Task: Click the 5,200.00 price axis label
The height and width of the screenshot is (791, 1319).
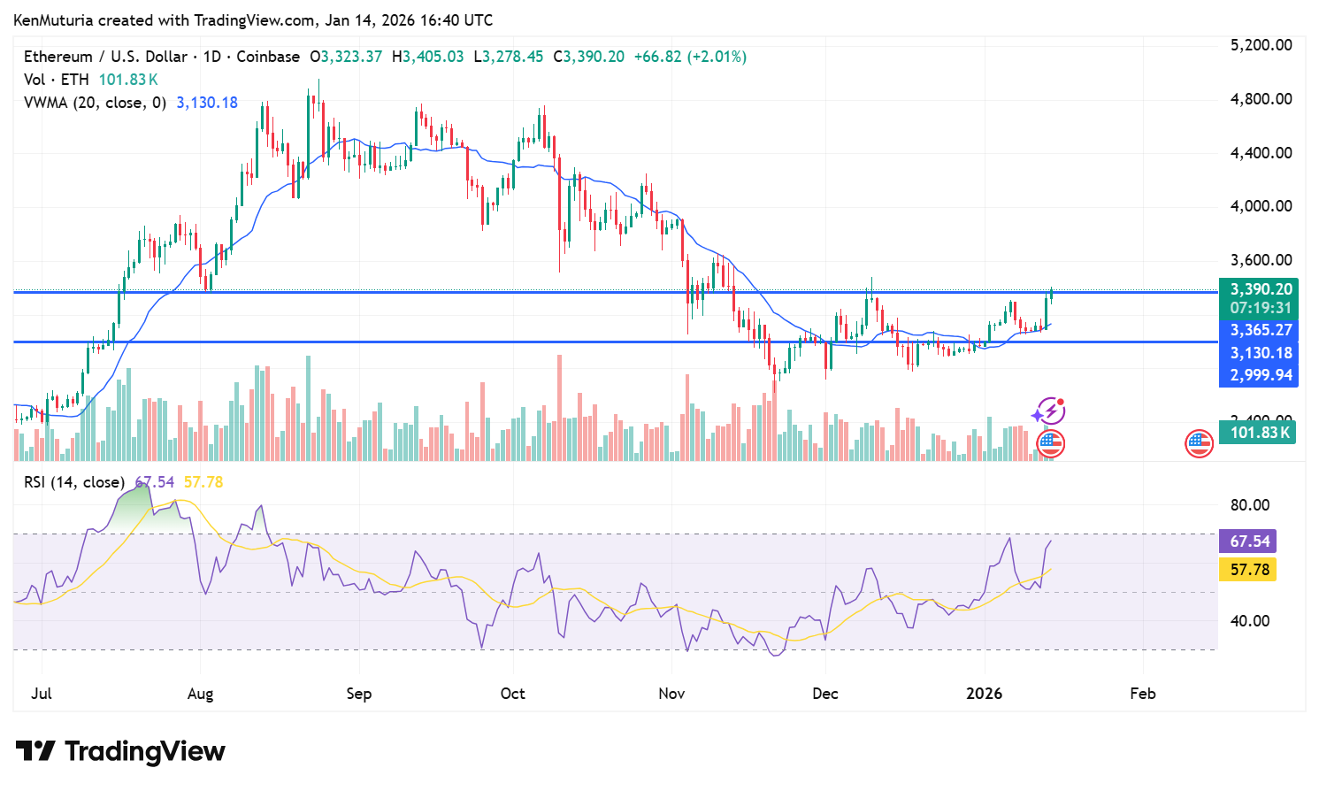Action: point(1261,45)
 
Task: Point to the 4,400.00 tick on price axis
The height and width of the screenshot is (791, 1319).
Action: point(1261,152)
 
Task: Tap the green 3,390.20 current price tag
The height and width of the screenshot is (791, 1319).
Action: point(1261,289)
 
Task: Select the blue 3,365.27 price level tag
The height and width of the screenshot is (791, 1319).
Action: point(1261,330)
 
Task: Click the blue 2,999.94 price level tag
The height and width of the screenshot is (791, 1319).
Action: point(1261,375)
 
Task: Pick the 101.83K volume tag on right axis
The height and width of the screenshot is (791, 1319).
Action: point(1260,433)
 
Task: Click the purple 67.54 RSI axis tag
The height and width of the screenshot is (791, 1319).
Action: point(1249,541)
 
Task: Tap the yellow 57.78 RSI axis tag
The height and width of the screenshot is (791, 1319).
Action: point(1249,570)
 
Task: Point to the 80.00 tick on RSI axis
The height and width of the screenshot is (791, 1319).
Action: point(1249,505)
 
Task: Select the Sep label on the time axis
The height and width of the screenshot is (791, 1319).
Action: point(358,694)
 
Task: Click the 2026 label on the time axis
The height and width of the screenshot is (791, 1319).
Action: point(984,694)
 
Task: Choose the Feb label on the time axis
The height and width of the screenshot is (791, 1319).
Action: point(1142,694)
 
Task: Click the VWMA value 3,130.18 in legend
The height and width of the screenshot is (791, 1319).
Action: point(207,103)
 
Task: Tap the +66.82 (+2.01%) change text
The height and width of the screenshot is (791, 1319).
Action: point(690,57)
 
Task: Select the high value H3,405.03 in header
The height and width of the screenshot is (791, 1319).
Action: point(433,57)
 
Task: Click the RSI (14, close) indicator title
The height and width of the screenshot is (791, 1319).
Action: point(73,482)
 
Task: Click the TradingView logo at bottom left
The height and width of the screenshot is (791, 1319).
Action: point(121,751)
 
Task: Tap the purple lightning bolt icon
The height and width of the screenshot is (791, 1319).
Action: point(1049,411)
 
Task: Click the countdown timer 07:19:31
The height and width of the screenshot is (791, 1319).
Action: point(1261,308)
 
